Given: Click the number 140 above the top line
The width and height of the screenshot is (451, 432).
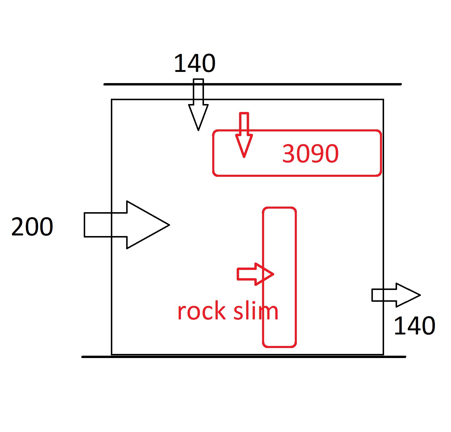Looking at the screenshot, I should pyautogui.click(x=195, y=63).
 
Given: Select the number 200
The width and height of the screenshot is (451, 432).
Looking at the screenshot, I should pyautogui.click(x=32, y=227).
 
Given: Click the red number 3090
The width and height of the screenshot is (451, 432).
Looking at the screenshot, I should pyautogui.click(x=310, y=154).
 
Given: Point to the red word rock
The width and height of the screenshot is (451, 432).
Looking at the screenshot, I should pyautogui.click(x=202, y=311).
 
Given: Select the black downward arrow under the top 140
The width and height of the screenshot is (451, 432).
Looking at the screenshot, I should pyautogui.click(x=198, y=106).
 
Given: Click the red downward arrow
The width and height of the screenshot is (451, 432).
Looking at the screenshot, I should pyautogui.click(x=244, y=136).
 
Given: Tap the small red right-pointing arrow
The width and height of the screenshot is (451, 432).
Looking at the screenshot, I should pyautogui.click(x=255, y=274).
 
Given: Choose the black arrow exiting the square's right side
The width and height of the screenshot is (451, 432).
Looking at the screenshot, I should pyautogui.click(x=396, y=295).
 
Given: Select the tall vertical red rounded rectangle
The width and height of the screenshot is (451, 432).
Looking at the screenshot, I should pyautogui.click(x=279, y=236).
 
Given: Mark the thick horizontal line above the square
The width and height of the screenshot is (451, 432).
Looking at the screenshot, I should pyautogui.click(x=295, y=84).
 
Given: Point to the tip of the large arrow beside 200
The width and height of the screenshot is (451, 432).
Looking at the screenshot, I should pyautogui.click(x=169, y=225).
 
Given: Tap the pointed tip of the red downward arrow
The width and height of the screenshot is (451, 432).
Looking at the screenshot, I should pyautogui.click(x=244, y=157).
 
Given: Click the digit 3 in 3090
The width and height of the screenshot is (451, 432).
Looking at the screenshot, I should pyautogui.click(x=288, y=154).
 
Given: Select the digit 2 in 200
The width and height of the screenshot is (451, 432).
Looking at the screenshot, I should pyautogui.click(x=17, y=227).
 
